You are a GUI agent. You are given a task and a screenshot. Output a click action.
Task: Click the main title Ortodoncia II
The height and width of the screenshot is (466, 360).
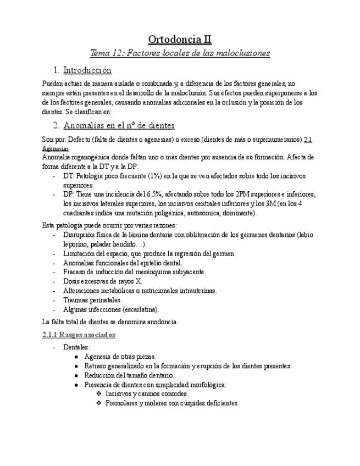coord(180,40)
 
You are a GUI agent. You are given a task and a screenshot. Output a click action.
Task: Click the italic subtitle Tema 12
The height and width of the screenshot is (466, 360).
coord(180,53)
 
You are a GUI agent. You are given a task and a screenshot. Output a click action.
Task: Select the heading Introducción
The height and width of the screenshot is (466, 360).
coord(87,70)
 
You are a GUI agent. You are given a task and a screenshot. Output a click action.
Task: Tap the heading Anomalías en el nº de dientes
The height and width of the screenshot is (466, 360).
coord(119,125)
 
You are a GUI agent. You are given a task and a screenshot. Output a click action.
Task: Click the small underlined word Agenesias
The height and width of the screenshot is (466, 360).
coord(56,148)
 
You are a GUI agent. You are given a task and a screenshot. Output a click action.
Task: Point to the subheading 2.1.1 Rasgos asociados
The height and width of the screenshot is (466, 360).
coord(79,334)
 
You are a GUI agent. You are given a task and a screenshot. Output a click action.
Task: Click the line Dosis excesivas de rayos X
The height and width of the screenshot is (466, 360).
coord(102,281)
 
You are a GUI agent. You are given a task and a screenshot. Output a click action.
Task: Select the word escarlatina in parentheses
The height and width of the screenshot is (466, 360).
coord(140,309)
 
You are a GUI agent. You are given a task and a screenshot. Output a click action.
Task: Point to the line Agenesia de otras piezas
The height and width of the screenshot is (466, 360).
coord(120,356)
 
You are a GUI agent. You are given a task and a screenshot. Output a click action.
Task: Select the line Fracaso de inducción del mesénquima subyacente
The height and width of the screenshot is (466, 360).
coord(134,272)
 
